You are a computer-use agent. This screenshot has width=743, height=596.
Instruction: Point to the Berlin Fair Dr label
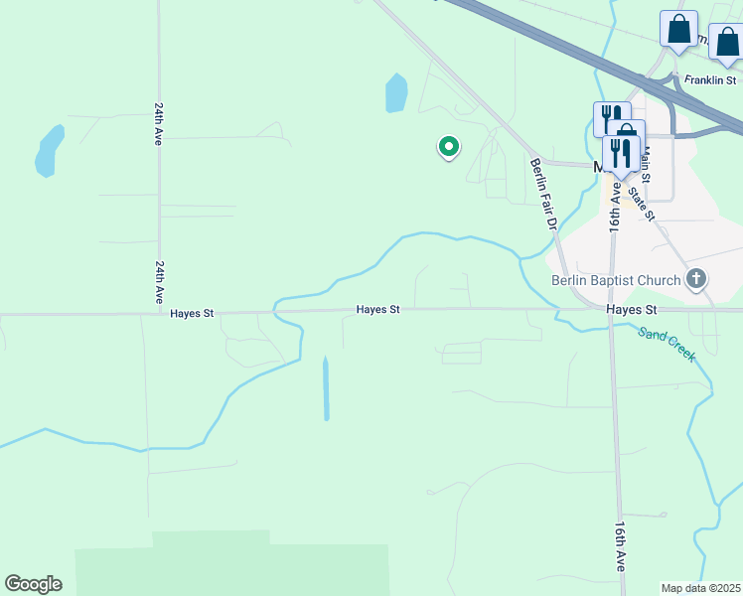click(x=542, y=194)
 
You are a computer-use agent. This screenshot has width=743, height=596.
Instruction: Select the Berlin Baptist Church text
click(x=616, y=280)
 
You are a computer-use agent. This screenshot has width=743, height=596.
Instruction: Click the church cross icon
click(x=696, y=279)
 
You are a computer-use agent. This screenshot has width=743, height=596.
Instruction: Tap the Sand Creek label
click(x=667, y=344)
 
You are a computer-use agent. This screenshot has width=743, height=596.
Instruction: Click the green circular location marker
click(x=449, y=148)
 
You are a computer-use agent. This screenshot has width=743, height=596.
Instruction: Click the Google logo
click(x=33, y=584)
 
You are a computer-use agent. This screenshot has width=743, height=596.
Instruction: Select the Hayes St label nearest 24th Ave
click(x=192, y=313)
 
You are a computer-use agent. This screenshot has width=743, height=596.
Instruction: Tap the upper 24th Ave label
click(x=158, y=123)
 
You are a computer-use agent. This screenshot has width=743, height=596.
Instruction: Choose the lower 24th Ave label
click(x=159, y=283)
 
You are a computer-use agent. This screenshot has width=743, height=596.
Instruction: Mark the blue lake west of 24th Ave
click(x=48, y=150)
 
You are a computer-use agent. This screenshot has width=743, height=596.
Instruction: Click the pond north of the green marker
click(x=396, y=93)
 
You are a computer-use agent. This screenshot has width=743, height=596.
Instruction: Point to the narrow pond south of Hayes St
click(x=326, y=388)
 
